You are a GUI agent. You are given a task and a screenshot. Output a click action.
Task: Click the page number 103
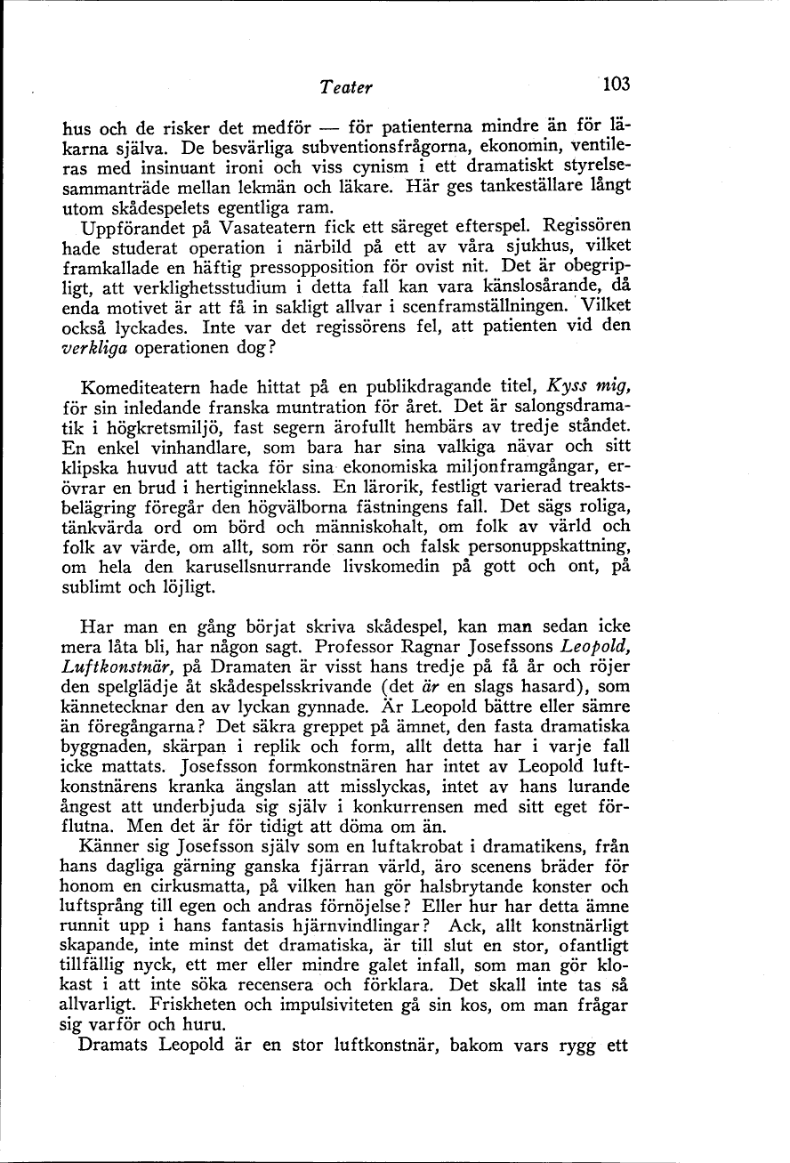click(615, 85)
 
